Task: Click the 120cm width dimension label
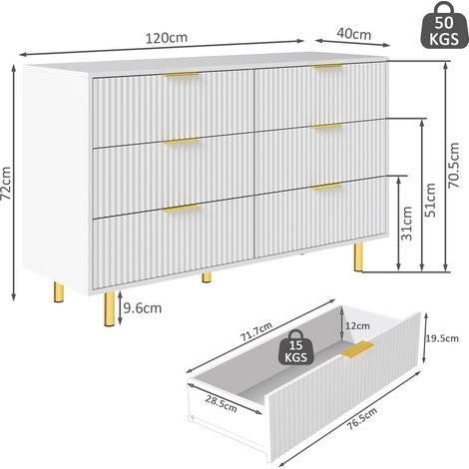coord(167,38)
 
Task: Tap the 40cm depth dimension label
coord(353,34)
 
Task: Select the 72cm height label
coord(6,184)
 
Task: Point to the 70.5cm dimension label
coord(454,166)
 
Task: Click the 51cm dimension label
coord(430,201)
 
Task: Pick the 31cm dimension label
coord(406,224)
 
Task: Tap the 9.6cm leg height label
coord(143,308)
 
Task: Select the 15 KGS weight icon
coord(295,347)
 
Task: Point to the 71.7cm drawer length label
coord(256,331)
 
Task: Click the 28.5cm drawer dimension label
coord(221,403)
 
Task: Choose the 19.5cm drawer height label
coord(442,338)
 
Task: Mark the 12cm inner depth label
coord(357,325)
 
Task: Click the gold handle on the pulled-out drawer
coord(356,349)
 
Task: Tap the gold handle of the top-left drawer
coord(181,76)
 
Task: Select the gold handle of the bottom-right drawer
coord(327,187)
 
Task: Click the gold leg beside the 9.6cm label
coord(110,308)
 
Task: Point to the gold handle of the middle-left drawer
coord(181,141)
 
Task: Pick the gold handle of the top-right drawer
coord(327,67)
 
